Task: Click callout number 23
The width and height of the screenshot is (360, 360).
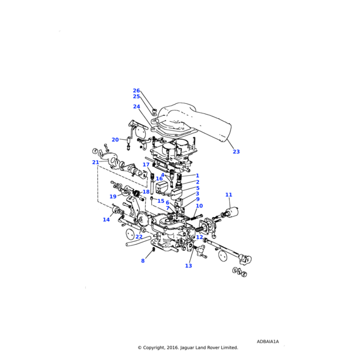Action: (236, 152)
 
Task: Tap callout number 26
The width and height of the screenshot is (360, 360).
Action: (136, 91)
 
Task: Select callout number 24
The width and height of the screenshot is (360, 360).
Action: (136, 107)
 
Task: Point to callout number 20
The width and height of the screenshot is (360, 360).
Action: (115, 140)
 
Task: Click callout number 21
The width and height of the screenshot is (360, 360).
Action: (95, 163)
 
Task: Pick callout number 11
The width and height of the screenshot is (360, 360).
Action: (229, 195)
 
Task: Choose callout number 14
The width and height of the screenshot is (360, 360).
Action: (106, 220)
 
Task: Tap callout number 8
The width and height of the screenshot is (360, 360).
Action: (143, 261)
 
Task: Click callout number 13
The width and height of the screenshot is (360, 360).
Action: (188, 266)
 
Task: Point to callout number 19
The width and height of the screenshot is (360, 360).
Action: (113, 197)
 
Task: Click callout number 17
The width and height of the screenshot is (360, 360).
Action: (146, 164)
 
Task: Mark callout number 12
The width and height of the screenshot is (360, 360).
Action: (199, 237)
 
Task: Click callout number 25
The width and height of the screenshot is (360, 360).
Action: (136, 97)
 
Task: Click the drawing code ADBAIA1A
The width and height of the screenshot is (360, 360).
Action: (268, 341)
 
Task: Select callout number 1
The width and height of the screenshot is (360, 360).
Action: (197, 176)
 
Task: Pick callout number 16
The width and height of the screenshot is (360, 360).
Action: (159, 179)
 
